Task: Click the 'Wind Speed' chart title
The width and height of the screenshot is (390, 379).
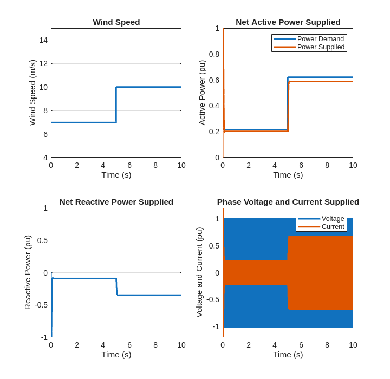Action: coord(116,22)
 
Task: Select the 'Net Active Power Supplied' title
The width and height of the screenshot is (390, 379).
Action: coord(288,22)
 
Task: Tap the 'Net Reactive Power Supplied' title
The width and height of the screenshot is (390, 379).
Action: coord(116,202)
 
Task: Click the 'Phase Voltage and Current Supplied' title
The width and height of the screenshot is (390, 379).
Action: coord(288,202)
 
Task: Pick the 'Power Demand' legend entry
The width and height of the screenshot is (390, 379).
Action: coord(320,39)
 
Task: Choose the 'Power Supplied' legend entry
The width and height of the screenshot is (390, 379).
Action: coord(321,47)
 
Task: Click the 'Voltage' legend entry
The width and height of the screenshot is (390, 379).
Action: coord(333,219)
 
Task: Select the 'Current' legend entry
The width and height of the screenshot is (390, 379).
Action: coord(333,227)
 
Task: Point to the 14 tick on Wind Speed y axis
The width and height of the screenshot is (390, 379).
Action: coord(43,40)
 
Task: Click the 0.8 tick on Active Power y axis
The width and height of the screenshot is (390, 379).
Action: coord(214,54)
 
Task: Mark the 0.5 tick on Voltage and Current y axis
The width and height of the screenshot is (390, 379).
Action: coord(214,246)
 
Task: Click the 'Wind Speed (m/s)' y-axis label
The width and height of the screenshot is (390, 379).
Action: coord(32,93)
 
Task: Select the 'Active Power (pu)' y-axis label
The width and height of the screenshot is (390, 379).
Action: coord(202,93)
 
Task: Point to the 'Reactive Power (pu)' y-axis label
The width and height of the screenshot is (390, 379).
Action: coord(28,272)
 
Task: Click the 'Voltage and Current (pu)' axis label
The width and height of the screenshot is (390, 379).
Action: coord(199,272)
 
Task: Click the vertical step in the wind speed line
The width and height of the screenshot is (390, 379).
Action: coord(116,104)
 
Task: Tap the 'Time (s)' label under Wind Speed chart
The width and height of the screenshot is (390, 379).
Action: coord(116,174)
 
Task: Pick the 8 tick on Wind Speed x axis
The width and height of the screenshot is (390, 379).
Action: coord(155,165)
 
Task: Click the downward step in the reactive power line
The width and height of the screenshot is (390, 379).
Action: coord(116,287)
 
